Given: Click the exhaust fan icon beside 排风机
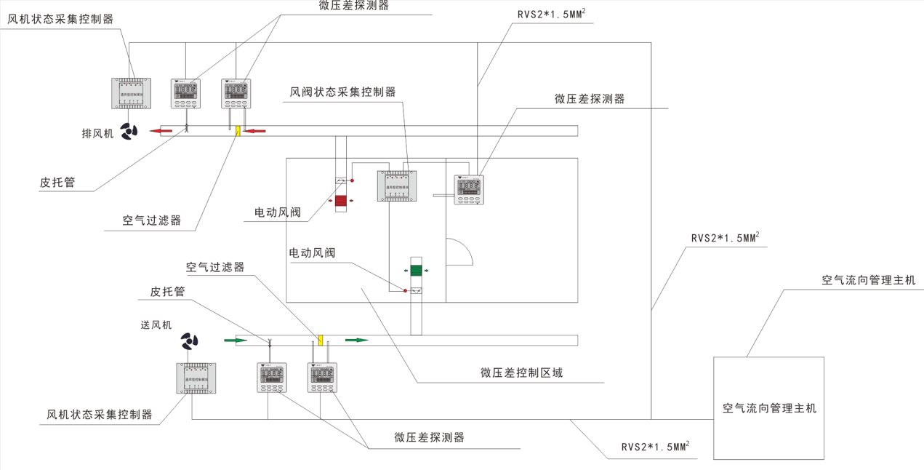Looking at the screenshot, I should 129,132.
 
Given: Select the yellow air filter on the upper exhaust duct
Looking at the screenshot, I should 237,131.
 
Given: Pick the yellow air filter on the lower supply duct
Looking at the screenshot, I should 320,340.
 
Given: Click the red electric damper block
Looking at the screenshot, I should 341,200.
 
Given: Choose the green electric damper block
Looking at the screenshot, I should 415,271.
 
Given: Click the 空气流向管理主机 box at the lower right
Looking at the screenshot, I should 768,407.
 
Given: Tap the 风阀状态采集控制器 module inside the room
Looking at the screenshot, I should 397,186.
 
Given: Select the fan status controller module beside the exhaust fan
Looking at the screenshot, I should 131,93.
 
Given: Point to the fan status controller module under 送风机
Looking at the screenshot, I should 197,378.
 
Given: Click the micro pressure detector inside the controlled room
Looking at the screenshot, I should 469,190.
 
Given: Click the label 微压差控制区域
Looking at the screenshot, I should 521,373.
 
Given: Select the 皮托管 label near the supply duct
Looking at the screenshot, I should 167,292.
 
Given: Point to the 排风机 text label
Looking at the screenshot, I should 97,134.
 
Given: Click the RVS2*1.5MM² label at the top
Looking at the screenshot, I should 552,15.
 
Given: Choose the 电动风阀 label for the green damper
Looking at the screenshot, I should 312,253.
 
